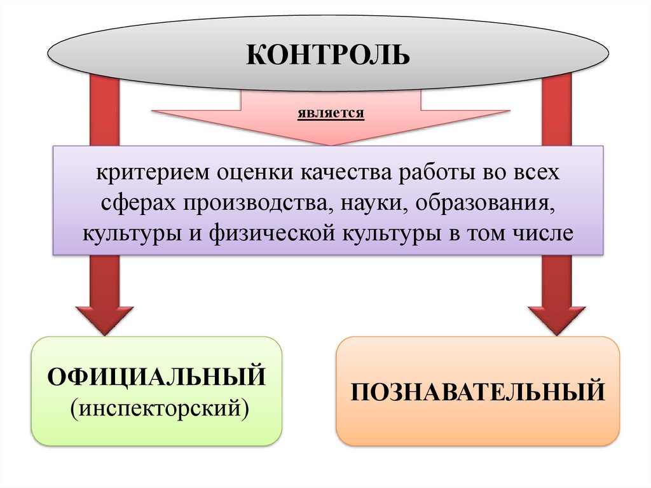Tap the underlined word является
coord(330,115)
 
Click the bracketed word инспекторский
coord(158,405)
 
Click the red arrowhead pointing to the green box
coord(104,318)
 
